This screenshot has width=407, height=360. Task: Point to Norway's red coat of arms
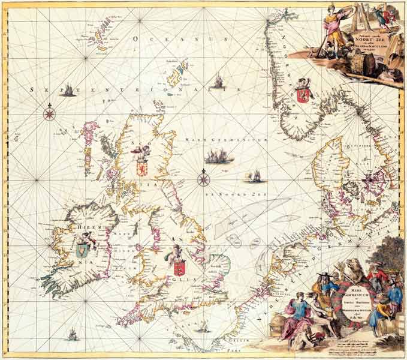point(302,95)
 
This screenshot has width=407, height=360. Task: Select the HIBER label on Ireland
point(80,227)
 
